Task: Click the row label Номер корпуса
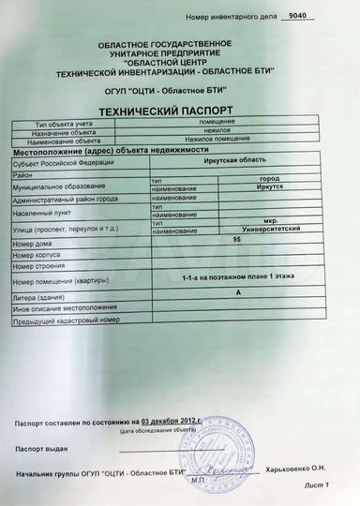(x=37, y=255)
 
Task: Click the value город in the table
(x=269, y=178)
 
